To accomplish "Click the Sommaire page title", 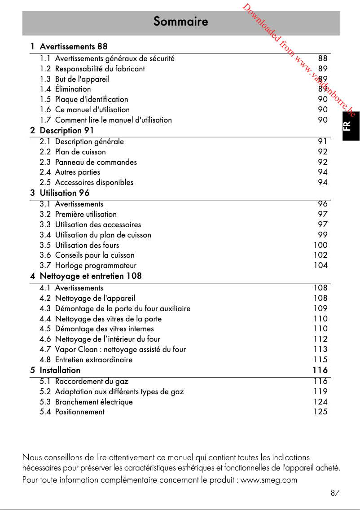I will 180,22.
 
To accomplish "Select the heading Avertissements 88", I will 73,46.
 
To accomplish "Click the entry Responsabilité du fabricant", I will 100,69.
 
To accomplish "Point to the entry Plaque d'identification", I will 91,99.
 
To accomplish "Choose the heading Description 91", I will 66,131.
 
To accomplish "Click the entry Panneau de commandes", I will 96,162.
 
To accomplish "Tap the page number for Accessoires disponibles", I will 322,182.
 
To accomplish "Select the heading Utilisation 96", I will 64,193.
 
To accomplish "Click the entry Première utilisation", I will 86,214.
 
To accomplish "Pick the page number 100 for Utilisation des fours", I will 320,245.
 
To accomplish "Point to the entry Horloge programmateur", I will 96,265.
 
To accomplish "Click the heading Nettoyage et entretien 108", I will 90,276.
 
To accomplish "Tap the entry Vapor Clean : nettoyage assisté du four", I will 120,349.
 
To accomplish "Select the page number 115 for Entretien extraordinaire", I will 320,360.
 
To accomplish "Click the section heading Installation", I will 60,370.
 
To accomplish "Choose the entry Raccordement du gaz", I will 92,381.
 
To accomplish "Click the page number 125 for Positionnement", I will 320,412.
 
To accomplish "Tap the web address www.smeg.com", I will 269,480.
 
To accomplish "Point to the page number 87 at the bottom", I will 335,493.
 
